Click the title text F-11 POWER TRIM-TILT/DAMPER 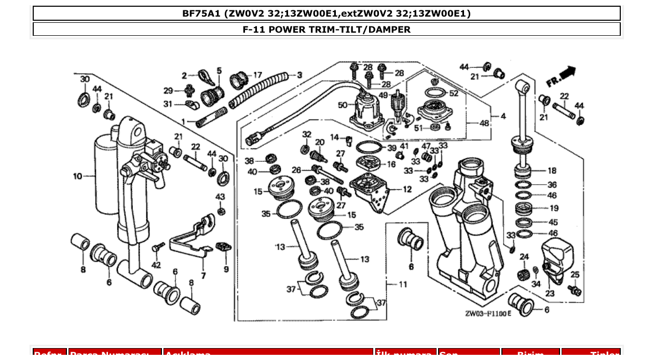(326, 30)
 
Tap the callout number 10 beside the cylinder (77, 176)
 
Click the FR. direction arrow (561, 77)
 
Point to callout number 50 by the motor (343, 105)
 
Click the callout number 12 (407, 190)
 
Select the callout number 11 (403, 284)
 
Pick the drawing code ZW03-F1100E (488, 313)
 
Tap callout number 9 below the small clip (226, 269)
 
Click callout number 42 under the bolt (156, 265)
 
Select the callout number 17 (257, 75)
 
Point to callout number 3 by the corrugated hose (299, 75)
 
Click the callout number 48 (484, 123)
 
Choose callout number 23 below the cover (550, 294)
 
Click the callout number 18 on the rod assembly (552, 171)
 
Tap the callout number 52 (454, 93)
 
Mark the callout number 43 (221, 197)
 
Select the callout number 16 (391, 164)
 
